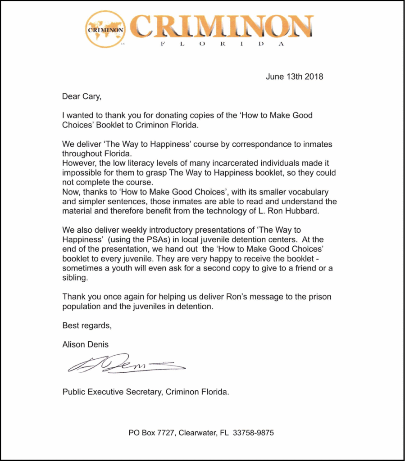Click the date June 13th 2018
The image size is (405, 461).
pos(294,77)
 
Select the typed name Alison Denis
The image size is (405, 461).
pos(86,344)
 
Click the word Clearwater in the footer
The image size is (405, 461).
pos(197,433)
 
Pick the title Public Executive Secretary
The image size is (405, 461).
pos(113,392)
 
